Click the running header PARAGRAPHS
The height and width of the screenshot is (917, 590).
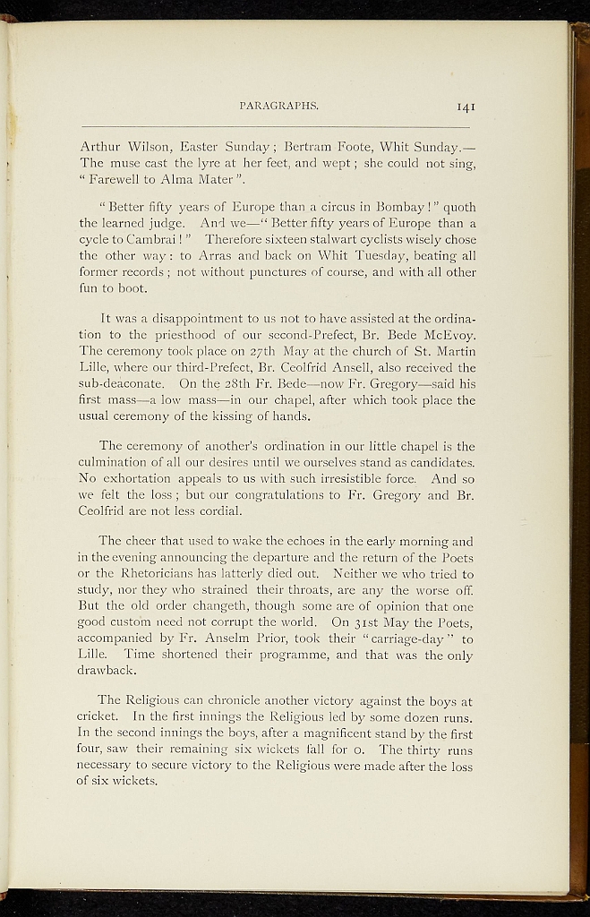tap(281, 106)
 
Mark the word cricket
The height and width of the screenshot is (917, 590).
tap(98, 716)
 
